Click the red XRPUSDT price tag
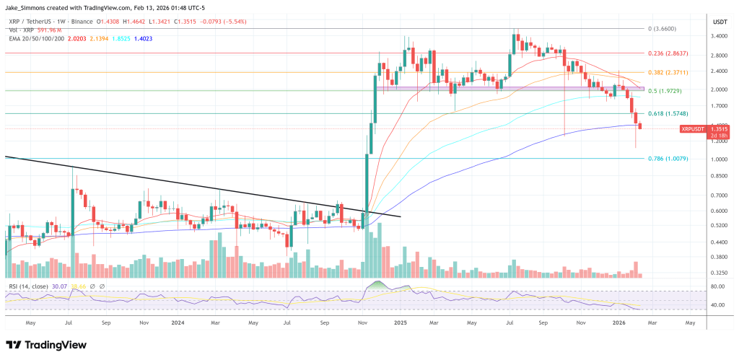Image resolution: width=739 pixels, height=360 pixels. [695, 128]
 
